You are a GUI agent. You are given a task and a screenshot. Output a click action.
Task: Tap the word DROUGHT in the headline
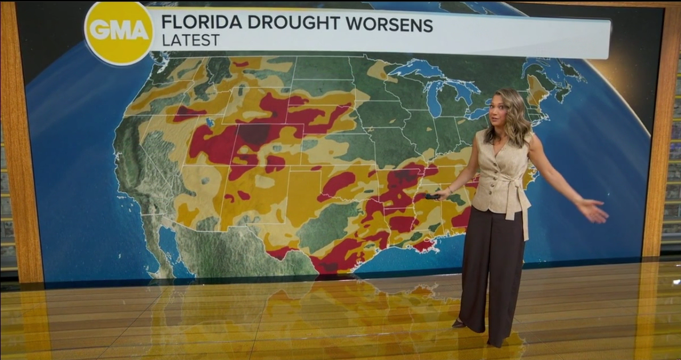coord(285,24)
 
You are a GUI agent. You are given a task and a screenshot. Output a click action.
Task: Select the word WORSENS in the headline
coord(387,24)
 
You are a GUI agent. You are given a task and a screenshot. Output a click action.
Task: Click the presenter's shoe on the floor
coord(459,323)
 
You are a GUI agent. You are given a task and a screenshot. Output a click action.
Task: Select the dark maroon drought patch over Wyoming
coord(254,133)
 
